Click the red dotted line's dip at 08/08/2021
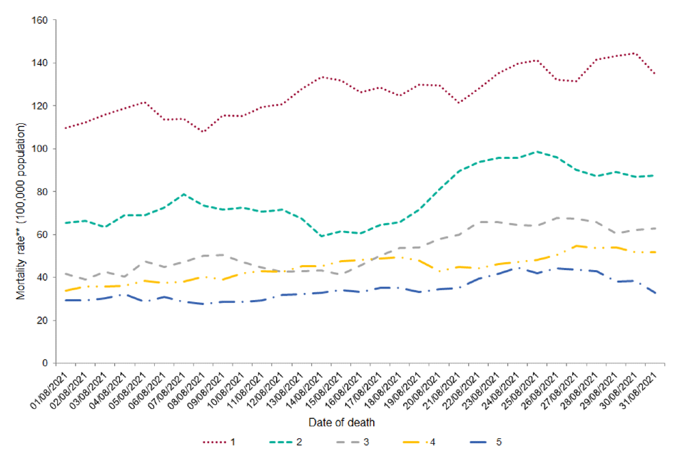(x=203, y=132)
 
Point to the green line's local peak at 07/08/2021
(x=184, y=194)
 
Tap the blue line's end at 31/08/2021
(x=655, y=293)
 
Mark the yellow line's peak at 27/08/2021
(x=576, y=246)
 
